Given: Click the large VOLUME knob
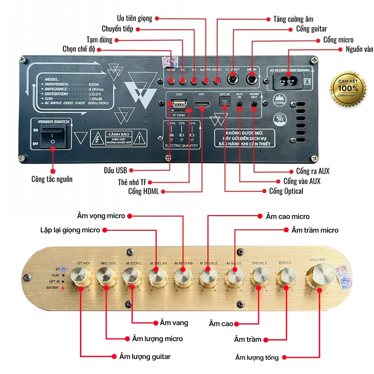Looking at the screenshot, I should pyautogui.click(x=320, y=276).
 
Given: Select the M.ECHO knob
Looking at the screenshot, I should pyautogui.click(x=132, y=276).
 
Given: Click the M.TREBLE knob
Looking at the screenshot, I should pyautogui.click(x=208, y=276).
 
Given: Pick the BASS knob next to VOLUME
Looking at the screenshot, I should pyautogui.click(x=285, y=276).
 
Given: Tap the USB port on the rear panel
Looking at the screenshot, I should pyautogui.click(x=179, y=104).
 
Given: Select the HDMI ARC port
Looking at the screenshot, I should pyautogui.click(x=202, y=106).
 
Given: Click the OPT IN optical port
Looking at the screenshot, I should pyautogui.click(x=224, y=104).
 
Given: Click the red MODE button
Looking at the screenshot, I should pyautogui.click(x=171, y=80).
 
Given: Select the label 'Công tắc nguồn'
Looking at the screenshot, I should pyautogui.click(x=52, y=179).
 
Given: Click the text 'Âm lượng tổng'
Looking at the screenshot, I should pyautogui.click(x=257, y=357).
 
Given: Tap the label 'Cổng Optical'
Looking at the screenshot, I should pyautogui.click(x=286, y=191).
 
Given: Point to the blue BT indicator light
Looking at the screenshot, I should pyautogui.click(x=64, y=270).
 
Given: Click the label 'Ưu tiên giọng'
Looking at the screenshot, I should pyautogui.click(x=134, y=18).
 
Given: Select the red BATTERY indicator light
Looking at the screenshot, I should pyautogui.click(x=64, y=288).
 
